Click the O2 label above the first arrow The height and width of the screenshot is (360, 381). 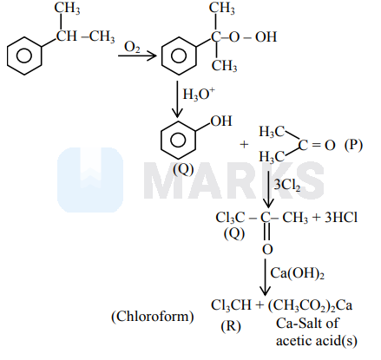tap(132, 47)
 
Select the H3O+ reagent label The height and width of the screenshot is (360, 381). tap(199, 94)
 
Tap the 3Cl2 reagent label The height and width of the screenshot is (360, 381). tap(286, 184)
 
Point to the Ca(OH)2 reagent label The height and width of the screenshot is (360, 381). tap(297, 273)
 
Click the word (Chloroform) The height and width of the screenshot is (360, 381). tap(153, 317)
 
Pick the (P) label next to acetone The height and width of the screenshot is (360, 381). tap(353, 145)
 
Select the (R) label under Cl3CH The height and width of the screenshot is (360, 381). tap(231, 326)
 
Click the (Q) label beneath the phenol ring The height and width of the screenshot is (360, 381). tap(183, 169)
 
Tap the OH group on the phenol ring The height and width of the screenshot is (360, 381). tap(221, 121)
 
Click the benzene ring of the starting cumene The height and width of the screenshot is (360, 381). tap(24, 56)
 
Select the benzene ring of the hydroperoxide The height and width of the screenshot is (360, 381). tap(179, 56)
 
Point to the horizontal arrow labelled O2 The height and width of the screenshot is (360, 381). tap(137, 56)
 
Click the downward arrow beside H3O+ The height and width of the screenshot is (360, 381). tap(177, 99)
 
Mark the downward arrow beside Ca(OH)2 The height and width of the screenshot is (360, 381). tap(265, 277)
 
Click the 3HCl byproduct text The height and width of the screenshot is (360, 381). tap(341, 218)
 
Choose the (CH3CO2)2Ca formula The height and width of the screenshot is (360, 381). tap(310, 305)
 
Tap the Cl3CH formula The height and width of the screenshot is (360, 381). tap(231, 305)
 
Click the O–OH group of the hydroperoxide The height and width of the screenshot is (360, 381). tap(253, 37)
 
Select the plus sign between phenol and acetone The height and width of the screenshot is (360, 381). tap(244, 144)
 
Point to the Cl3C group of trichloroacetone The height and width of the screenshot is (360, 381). tap(230, 218)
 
